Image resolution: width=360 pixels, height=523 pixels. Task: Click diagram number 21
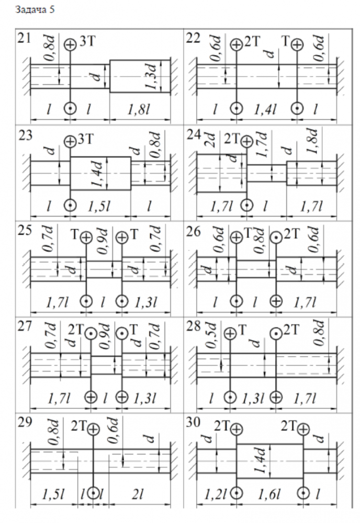24,38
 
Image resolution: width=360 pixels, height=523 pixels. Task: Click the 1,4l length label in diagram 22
266,109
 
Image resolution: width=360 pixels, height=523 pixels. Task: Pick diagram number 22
194,38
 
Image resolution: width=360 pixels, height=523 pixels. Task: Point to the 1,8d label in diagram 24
315,143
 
